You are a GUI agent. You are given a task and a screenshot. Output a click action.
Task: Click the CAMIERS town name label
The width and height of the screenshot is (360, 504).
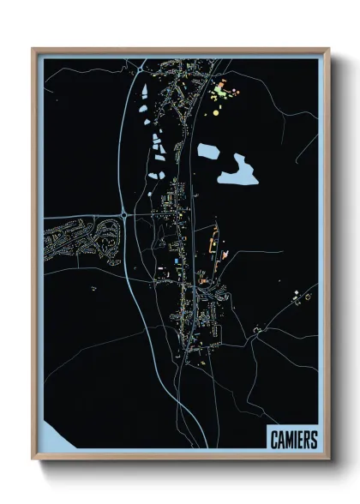tap(292, 439)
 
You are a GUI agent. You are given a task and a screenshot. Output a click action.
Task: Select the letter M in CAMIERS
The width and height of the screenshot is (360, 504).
tap(289, 439)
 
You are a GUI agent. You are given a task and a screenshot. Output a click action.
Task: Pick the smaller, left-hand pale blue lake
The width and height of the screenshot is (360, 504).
tap(207, 152)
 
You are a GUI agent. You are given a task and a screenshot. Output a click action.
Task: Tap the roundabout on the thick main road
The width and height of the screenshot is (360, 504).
tap(125, 213)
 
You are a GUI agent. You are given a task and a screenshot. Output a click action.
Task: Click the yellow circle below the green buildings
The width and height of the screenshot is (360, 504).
tap(216, 111)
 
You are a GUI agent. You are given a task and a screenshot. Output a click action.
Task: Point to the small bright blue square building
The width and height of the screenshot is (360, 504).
tap(177, 260)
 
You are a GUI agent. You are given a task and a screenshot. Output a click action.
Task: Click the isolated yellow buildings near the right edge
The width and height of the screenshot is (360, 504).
tap(301, 296)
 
